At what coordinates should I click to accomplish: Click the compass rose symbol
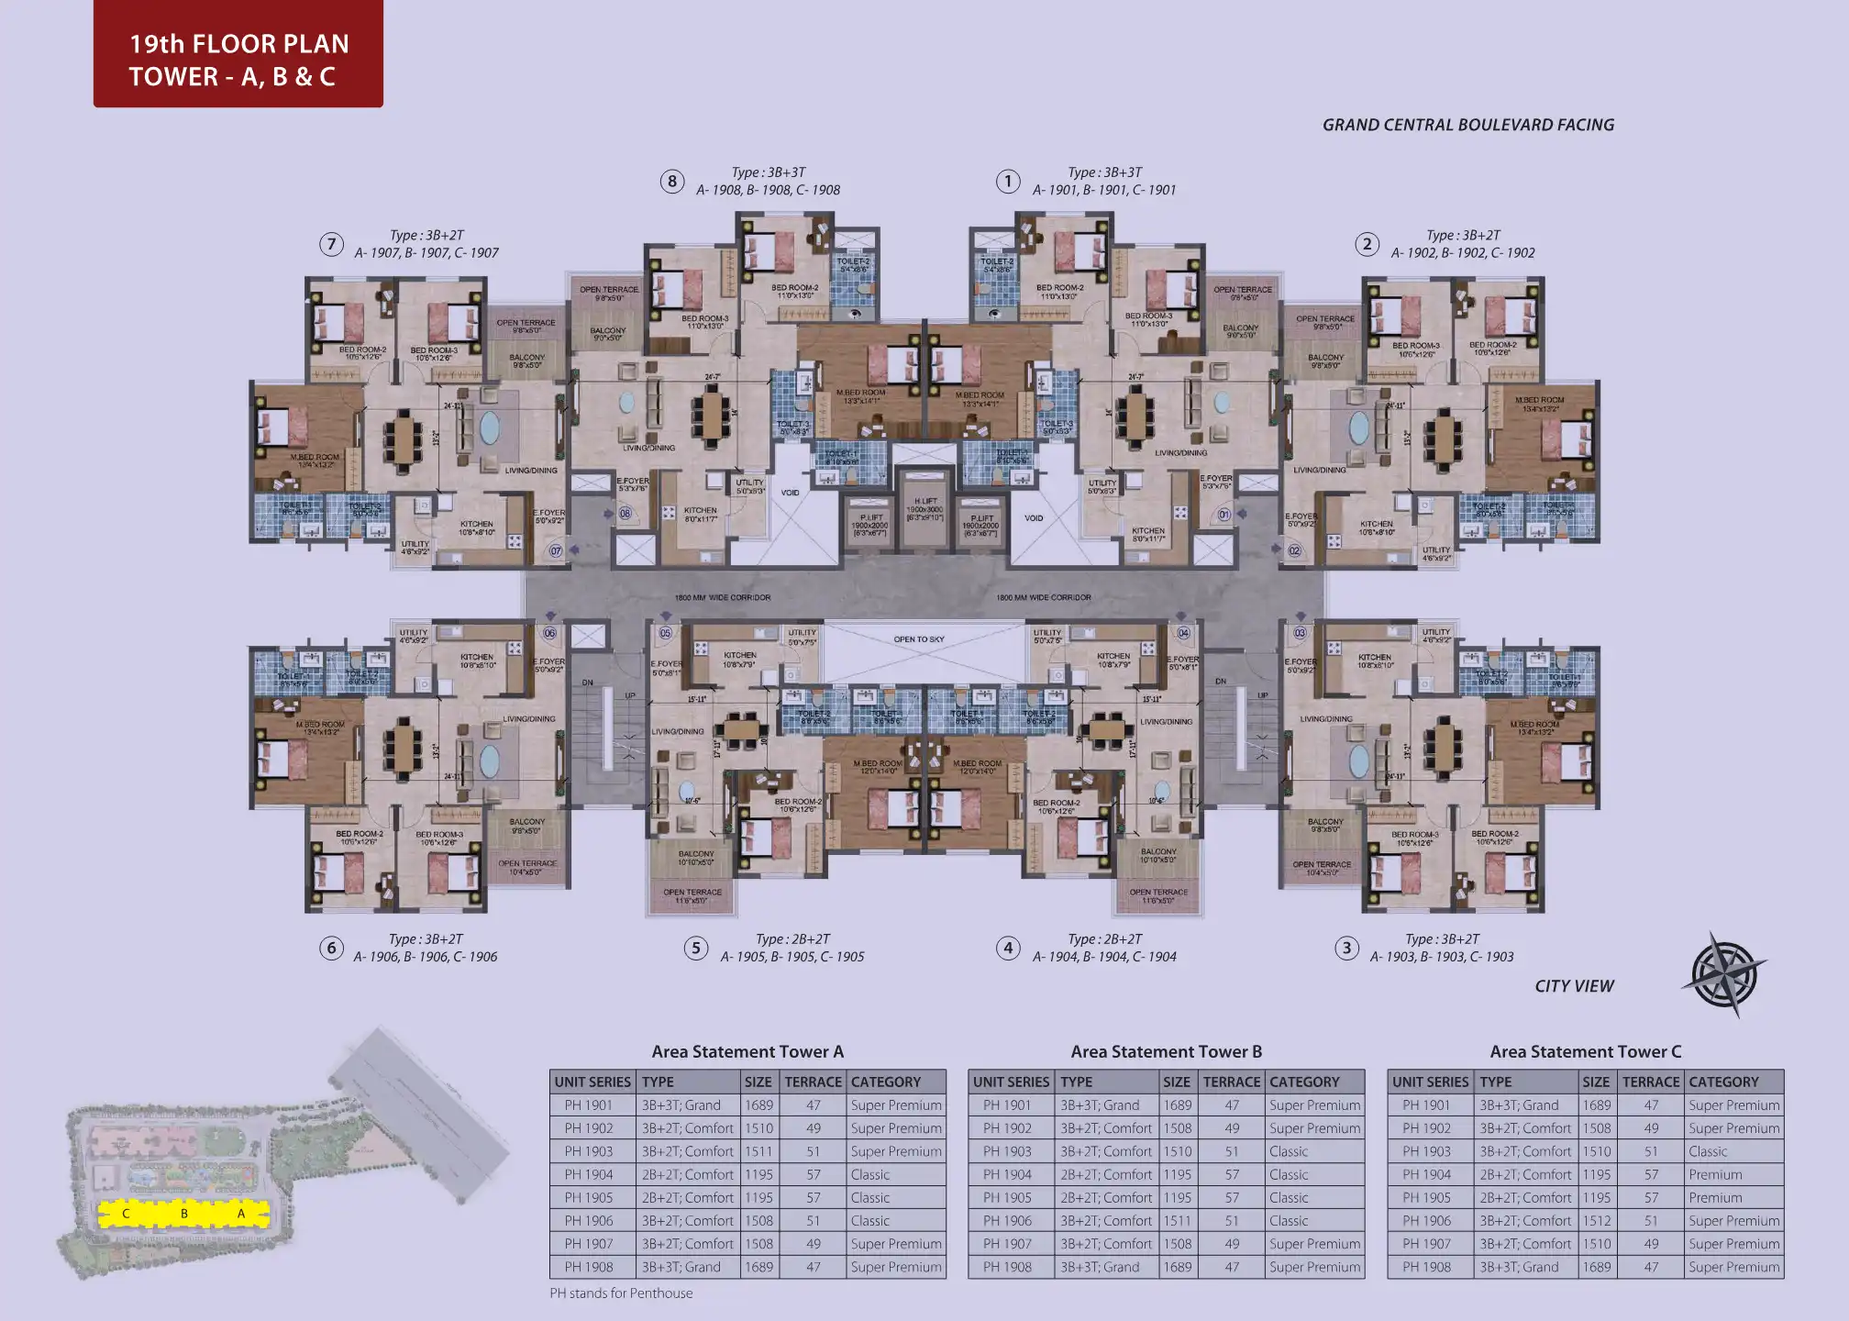(1724, 974)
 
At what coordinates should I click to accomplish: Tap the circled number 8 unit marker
(672, 181)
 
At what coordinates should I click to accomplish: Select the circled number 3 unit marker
(1345, 948)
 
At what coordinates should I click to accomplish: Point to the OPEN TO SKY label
(919, 639)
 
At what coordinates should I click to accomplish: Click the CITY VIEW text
(1574, 986)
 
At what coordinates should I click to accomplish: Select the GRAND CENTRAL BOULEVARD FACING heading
(1467, 125)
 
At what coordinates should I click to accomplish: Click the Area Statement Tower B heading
(1166, 1051)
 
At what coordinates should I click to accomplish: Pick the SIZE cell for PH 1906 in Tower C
(1596, 1220)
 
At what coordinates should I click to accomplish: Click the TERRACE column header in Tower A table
(813, 1082)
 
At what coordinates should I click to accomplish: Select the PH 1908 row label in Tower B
(1007, 1267)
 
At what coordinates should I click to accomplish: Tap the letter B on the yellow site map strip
(184, 1214)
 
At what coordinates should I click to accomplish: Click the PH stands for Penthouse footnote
(621, 1293)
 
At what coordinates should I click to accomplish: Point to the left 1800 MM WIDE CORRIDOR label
(723, 597)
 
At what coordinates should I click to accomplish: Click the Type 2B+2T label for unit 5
(792, 939)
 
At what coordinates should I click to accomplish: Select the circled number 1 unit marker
(1008, 181)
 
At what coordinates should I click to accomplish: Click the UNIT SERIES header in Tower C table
(1430, 1082)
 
